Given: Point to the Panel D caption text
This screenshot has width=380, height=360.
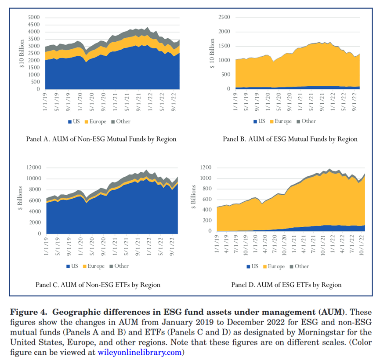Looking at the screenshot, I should [286, 285].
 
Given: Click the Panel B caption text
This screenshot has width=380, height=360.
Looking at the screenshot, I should [290, 139].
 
